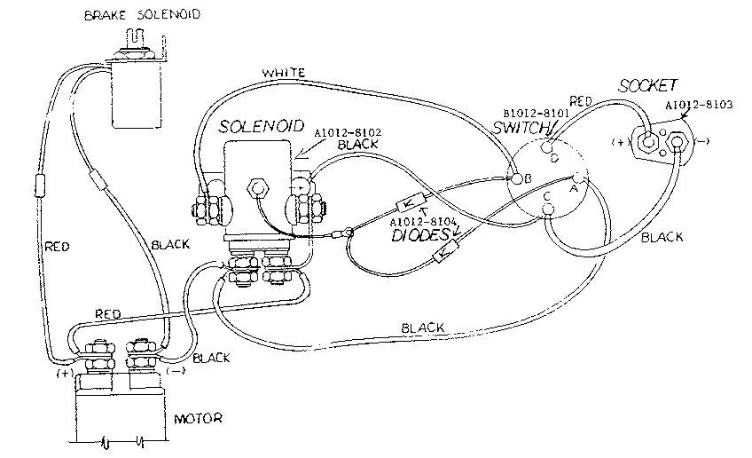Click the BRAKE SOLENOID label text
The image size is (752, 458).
pyautogui.click(x=141, y=15)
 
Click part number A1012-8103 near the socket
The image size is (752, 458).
pyautogui.click(x=700, y=104)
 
